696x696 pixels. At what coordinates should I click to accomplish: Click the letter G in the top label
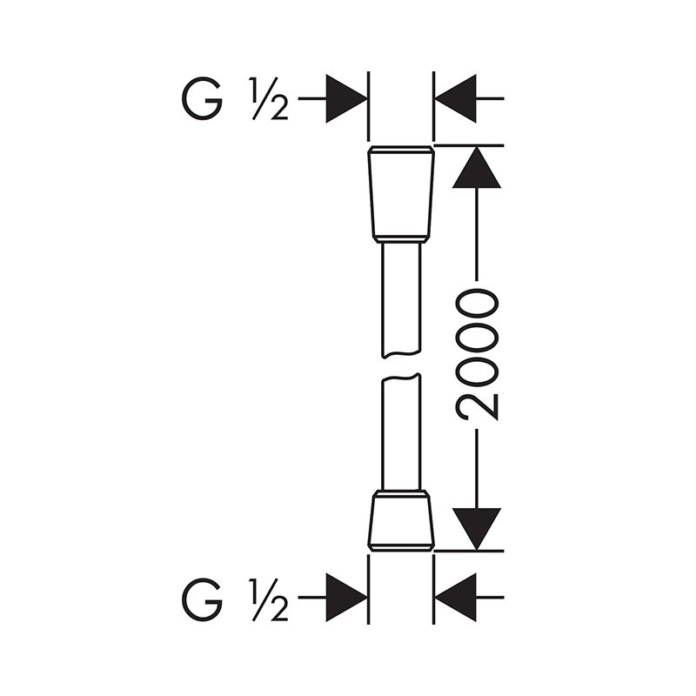click(x=202, y=98)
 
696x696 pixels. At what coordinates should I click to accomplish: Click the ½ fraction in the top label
click(x=269, y=98)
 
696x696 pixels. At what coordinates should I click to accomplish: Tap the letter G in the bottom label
click(x=202, y=599)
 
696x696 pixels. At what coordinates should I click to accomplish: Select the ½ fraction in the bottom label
click(x=269, y=599)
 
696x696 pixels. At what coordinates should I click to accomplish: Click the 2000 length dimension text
click(x=477, y=354)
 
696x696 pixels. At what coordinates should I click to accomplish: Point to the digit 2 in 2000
click(x=477, y=406)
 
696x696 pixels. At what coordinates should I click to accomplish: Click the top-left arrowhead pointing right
click(x=346, y=98)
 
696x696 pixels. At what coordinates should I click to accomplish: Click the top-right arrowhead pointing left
click(x=455, y=98)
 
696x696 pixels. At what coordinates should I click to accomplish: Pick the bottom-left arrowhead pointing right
click(x=346, y=598)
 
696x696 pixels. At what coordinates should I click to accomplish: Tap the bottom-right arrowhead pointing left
click(x=455, y=598)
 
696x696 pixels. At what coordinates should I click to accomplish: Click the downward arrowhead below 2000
click(x=476, y=529)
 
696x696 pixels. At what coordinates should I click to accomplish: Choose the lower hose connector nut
click(x=401, y=524)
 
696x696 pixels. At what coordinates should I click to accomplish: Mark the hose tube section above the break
click(x=401, y=299)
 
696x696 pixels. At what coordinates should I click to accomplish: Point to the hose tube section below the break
click(x=401, y=432)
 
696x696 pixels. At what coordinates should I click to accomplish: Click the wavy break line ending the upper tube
click(x=401, y=355)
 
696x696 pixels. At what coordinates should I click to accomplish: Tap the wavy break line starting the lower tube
click(x=401, y=377)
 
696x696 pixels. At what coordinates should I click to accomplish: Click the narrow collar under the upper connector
click(x=401, y=239)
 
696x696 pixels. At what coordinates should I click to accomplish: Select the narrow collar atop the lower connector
click(x=401, y=493)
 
